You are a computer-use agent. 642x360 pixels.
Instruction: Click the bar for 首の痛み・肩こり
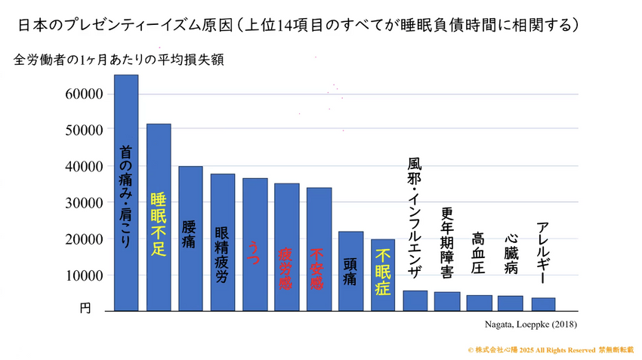pyautogui.click(x=126, y=192)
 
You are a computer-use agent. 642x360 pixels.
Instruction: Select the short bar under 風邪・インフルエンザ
pyautogui.click(x=415, y=300)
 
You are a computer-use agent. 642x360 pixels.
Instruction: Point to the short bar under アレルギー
pyautogui.click(x=543, y=303)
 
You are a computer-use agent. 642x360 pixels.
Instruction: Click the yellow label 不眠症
pyautogui.click(x=382, y=272)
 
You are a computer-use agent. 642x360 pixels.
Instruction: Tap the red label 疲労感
pyautogui.click(x=286, y=268)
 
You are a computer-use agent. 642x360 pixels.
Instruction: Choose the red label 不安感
pyautogui.click(x=318, y=268)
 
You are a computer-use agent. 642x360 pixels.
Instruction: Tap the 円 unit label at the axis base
pyautogui.click(x=85, y=308)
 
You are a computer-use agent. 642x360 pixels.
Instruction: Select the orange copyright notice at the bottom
pyautogui.click(x=550, y=351)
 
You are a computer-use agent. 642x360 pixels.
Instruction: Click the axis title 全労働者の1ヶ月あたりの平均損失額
pyautogui.click(x=119, y=59)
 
